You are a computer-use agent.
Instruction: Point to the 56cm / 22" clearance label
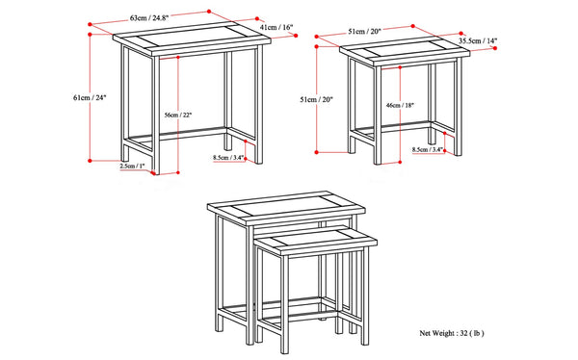tap(178, 115)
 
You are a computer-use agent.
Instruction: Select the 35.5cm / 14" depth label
tap(478, 41)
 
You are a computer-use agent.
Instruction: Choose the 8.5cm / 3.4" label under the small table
tap(427, 149)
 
